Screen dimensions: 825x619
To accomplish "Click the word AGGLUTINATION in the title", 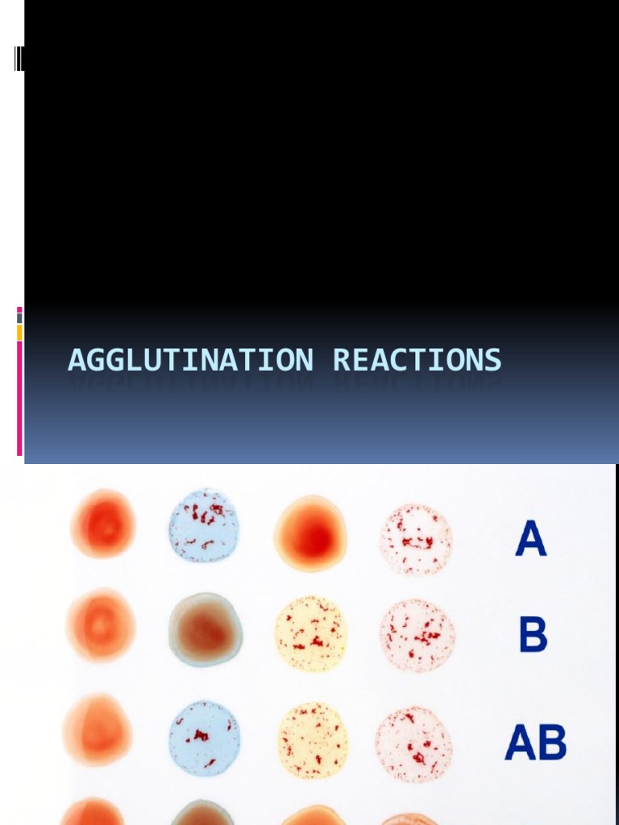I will click(190, 360).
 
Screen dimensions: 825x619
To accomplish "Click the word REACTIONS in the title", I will click(417, 360).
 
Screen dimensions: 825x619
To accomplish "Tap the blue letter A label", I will click(531, 539).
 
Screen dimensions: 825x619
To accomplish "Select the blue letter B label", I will click(533, 635).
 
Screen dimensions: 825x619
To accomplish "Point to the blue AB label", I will click(535, 742).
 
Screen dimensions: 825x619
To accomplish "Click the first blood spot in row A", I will click(103, 524).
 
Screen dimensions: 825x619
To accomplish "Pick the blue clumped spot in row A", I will click(204, 525).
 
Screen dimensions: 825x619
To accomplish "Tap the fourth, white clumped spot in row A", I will click(416, 539).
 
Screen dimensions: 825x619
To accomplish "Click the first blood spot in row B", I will click(101, 625).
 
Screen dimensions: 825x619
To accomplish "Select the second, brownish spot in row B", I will click(206, 629).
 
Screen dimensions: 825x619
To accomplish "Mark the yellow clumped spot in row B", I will click(310, 633).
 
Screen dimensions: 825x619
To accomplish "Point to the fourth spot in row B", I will click(417, 635).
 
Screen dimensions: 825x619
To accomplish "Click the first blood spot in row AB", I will click(97, 730).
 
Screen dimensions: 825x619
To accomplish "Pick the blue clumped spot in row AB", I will click(204, 738).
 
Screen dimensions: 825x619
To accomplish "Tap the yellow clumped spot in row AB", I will click(314, 740).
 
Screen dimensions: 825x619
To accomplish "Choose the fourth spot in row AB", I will click(413, 744).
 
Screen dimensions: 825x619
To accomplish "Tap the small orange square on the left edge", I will click(19, 332).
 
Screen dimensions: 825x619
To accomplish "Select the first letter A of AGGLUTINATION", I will click(76, 360).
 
